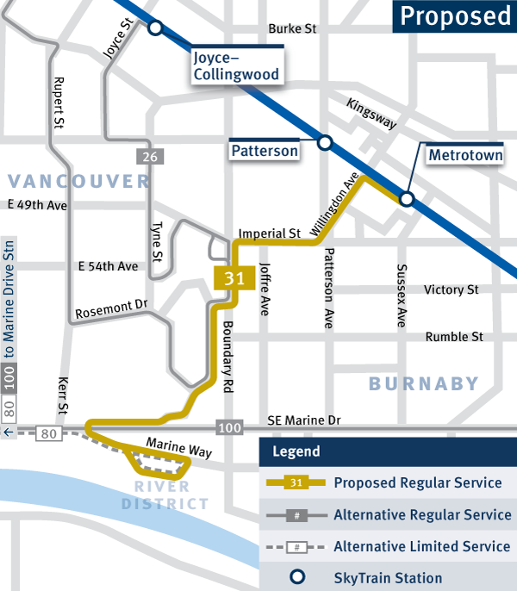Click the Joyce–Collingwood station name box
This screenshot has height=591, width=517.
(x=235, y=66)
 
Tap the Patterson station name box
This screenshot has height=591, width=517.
(x=265, y=151)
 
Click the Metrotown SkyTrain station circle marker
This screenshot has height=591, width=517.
(x=407, y=200)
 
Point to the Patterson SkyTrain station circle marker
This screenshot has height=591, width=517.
(x=325, y=142)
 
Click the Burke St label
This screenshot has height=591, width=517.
(x=293, y=28)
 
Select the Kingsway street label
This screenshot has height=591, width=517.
(x=371, y=114)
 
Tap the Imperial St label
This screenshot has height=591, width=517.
(x=269, y=233)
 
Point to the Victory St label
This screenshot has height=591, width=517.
(x=451, y=290)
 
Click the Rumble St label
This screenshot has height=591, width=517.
(x=453, y=337)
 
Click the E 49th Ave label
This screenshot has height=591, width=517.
(x=37, y=206)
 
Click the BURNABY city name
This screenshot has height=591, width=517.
(x=423, y=383)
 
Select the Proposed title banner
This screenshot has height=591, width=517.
(x=454, y=16)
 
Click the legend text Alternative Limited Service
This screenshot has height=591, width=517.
(x=421, y=546)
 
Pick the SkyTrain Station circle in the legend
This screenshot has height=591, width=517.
(x=296, y=578)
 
